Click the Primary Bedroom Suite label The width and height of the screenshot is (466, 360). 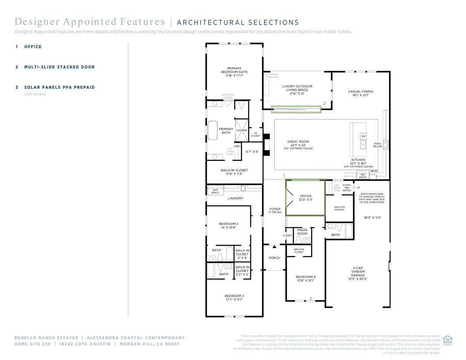coord(234,72)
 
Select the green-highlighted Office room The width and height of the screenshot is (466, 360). coord(306,197)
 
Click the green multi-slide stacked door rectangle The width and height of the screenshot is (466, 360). coord(296,109)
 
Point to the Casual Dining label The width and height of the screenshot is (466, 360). coord(360,93)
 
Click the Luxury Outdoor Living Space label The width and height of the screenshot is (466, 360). coord(297,90)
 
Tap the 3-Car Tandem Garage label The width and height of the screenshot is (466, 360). coord(358,273)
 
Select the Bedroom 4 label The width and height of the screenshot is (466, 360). coord(305,278)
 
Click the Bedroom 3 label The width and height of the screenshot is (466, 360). coord(234,297)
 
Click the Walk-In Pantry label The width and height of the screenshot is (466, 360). coord(339,208)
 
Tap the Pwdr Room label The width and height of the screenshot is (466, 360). coord(302,232)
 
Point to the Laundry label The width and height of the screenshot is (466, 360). coord(235,198)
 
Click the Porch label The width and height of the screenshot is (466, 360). coord(274,258)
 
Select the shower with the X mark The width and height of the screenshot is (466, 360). coord(241,126)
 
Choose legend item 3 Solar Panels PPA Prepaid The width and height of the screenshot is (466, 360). coord(59,87)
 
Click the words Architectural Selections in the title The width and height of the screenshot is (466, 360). coord(238,23)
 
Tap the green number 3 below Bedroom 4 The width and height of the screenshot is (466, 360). coord(311,299)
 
